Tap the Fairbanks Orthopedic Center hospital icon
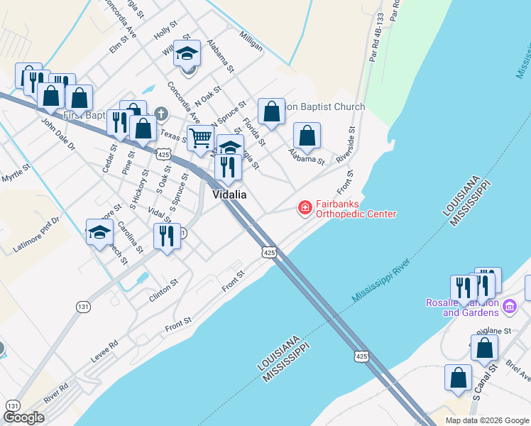[305, 207]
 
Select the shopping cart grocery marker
[201, 138]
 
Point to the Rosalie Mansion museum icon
[509, 306]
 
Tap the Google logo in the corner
[23, 417]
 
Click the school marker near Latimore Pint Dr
[99, 231]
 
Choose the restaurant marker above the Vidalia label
[228, 167]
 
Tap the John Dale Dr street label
[58, 134]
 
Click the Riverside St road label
[346, 145]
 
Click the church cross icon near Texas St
[161, 114]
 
